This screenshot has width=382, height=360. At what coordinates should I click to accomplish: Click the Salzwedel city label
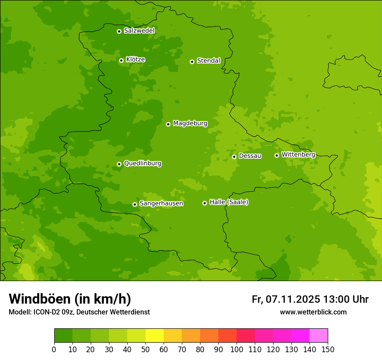point(139,31)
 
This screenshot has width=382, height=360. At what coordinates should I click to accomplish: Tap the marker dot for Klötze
point(122,60)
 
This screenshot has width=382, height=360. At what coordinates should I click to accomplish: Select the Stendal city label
point(208,61)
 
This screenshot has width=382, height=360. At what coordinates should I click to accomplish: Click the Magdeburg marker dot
point(168,124)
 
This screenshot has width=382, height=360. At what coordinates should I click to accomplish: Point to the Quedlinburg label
point(142,164)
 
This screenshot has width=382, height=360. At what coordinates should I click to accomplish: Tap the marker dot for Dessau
point(234,157)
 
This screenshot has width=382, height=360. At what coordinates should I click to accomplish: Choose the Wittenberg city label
point(298,154)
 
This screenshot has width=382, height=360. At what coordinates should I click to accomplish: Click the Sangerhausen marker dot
point(135,204)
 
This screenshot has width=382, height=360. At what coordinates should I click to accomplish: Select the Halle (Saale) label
point(229,202)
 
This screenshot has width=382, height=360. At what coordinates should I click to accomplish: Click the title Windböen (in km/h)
point(70,299)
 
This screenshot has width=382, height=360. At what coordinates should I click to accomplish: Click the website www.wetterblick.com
point(313,312)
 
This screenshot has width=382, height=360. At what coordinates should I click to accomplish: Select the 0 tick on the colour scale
point(54,350)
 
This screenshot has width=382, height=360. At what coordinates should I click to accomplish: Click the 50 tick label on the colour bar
point(145,350)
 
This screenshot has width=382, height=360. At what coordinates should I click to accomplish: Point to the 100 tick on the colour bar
point(237,350)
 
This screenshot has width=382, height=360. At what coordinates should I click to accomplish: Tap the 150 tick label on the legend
point(328,350)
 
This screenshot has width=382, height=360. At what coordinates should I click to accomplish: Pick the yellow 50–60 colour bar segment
point(155,336)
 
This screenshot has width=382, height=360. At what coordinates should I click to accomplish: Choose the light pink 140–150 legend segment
point(319,336)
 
